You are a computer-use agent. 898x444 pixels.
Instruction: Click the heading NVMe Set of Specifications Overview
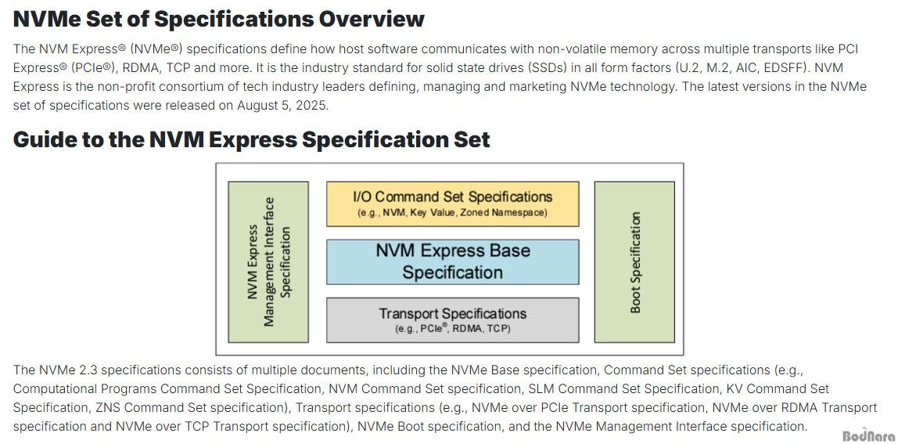(218, 19)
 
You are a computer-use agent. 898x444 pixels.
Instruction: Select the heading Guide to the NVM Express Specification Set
(251, 139)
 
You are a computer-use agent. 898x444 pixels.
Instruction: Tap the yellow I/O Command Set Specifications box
(452, 204)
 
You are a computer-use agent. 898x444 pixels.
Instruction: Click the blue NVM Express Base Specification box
(452, 262)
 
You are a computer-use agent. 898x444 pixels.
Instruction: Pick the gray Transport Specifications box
(452, 319)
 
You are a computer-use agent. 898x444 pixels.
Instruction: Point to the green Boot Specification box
(634, 262)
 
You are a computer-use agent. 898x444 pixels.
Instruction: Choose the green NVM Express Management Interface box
(268, 262)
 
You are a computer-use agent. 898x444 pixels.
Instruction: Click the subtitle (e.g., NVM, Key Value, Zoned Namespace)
(452, 213)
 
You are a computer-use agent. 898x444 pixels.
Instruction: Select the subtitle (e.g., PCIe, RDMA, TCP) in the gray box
(452, 329)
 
